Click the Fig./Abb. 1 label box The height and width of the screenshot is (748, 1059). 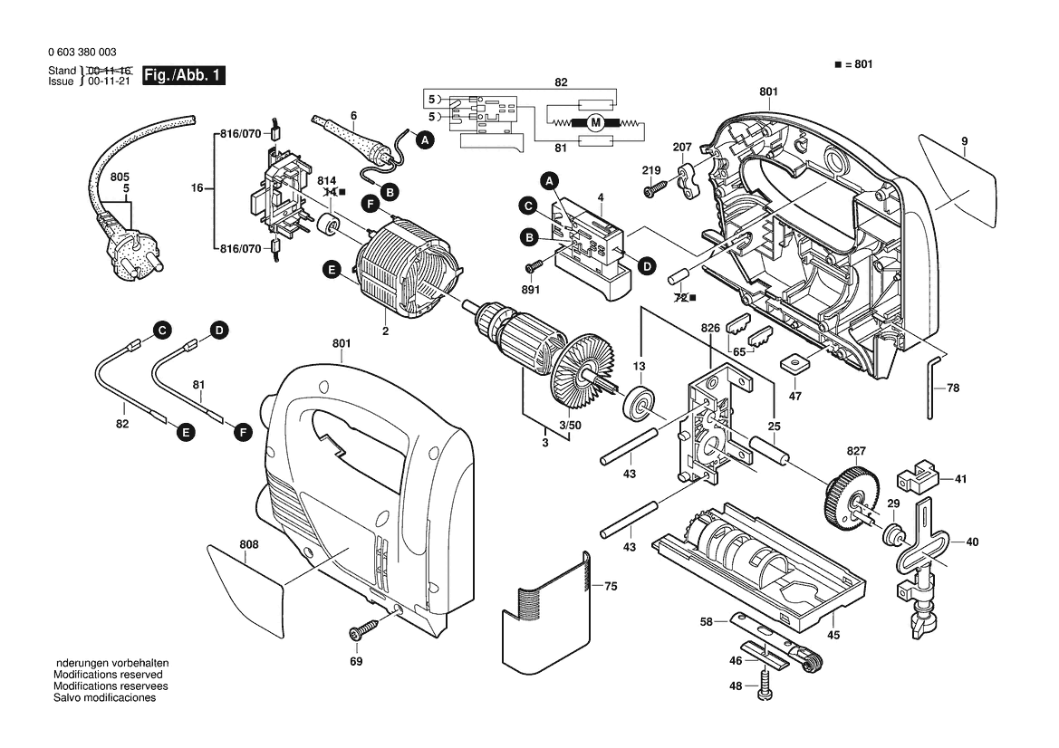coord(183,76)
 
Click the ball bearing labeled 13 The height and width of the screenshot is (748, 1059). coord(640,401)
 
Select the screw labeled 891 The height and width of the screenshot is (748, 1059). coord(534,266)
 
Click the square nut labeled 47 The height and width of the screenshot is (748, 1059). coord(794,362)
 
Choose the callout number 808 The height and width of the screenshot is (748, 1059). coord(249,544)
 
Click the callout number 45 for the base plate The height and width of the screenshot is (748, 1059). coord(833,635)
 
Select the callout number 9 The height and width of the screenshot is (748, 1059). coord(965,140)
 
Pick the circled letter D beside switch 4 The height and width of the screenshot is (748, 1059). coord(647,266)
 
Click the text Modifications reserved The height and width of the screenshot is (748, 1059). coord(108,675)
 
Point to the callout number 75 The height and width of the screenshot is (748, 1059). coord(611,587)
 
